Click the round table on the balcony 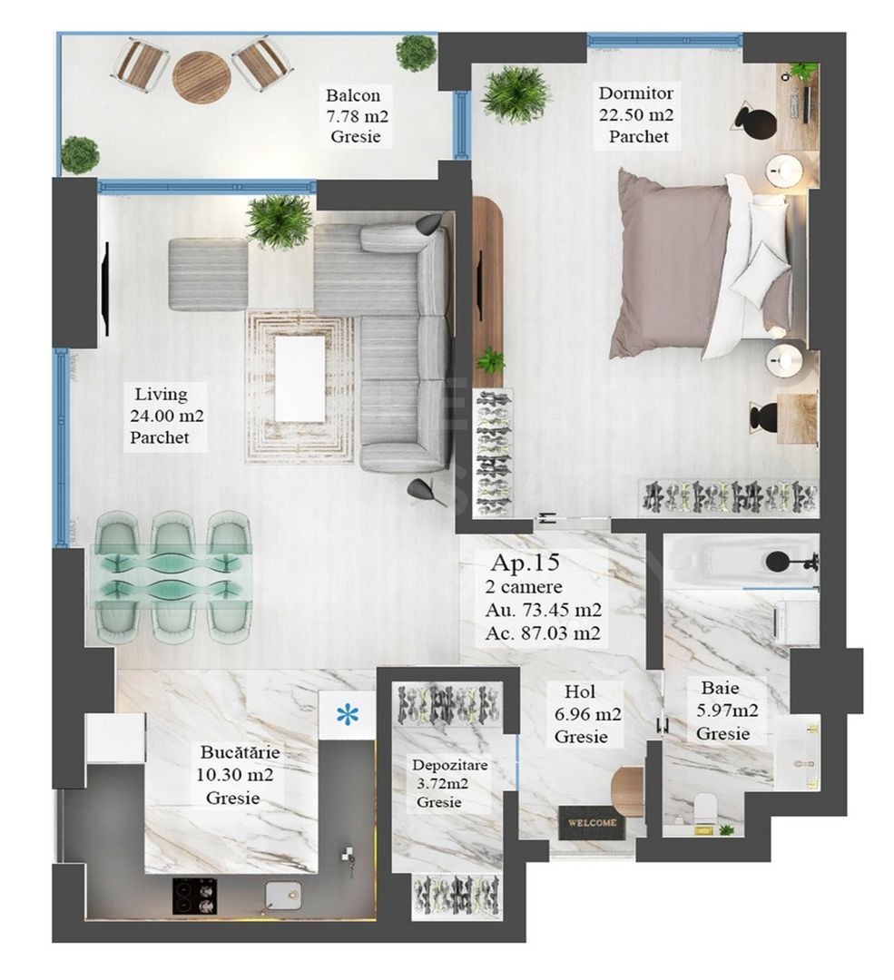pos(201,76)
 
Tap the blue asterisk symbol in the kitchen pos(348,715)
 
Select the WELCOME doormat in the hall pos(592,822)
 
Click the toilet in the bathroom pos(704,807)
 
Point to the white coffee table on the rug pos(300,378)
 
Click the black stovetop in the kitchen pos(195,896)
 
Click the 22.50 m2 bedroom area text pos(635,115)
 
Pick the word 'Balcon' pos(353,95)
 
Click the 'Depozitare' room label pos(450,766)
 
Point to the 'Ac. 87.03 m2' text pos(543,633)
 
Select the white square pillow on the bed pos(761,271)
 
